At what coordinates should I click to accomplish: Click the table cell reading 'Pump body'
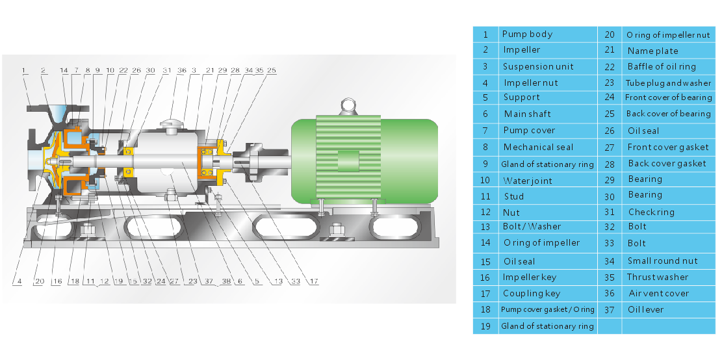527,34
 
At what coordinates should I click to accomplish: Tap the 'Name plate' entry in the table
652,51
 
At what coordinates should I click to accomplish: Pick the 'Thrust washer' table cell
658,277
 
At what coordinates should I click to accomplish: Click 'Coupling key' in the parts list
530,293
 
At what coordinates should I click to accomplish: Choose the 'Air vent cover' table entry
658,293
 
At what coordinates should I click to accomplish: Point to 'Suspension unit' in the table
537,66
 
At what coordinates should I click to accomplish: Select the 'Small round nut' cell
662,261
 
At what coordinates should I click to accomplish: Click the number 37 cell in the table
610,309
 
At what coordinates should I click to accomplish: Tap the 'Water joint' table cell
528,181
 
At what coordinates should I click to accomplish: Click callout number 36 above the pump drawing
182,70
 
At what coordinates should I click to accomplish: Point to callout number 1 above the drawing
23,70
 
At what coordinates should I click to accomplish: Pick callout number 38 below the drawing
226,281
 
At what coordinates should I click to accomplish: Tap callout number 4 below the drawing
19,281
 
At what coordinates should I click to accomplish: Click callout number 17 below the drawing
314,281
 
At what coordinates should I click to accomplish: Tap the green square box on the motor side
348,162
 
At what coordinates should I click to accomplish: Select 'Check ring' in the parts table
651,212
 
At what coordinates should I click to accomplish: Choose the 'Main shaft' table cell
527,114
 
